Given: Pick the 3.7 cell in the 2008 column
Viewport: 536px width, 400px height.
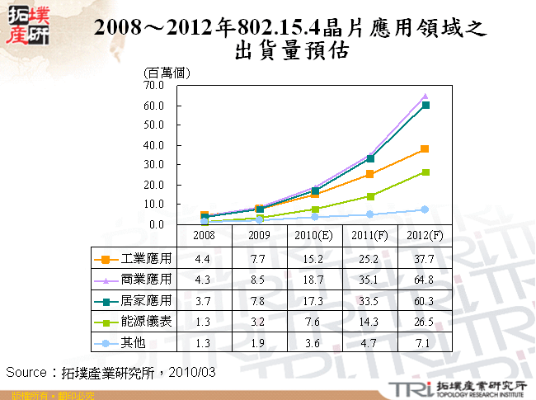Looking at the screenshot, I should tap(202, 300).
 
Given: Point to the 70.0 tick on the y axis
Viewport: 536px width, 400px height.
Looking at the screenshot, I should tap(154, 85).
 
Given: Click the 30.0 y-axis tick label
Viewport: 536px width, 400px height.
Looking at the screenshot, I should tap(154, 165).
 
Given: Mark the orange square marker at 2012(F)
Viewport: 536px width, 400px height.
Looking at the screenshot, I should tap(425, 149).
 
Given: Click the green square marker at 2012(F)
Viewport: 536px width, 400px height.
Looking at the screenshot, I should tap(425, 172).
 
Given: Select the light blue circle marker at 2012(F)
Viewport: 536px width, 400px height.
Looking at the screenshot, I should tap(425, 209).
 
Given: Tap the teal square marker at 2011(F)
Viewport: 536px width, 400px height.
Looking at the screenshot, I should tap(370, 158).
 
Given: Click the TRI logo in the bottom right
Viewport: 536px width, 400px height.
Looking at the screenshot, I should tap(407, 388).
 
